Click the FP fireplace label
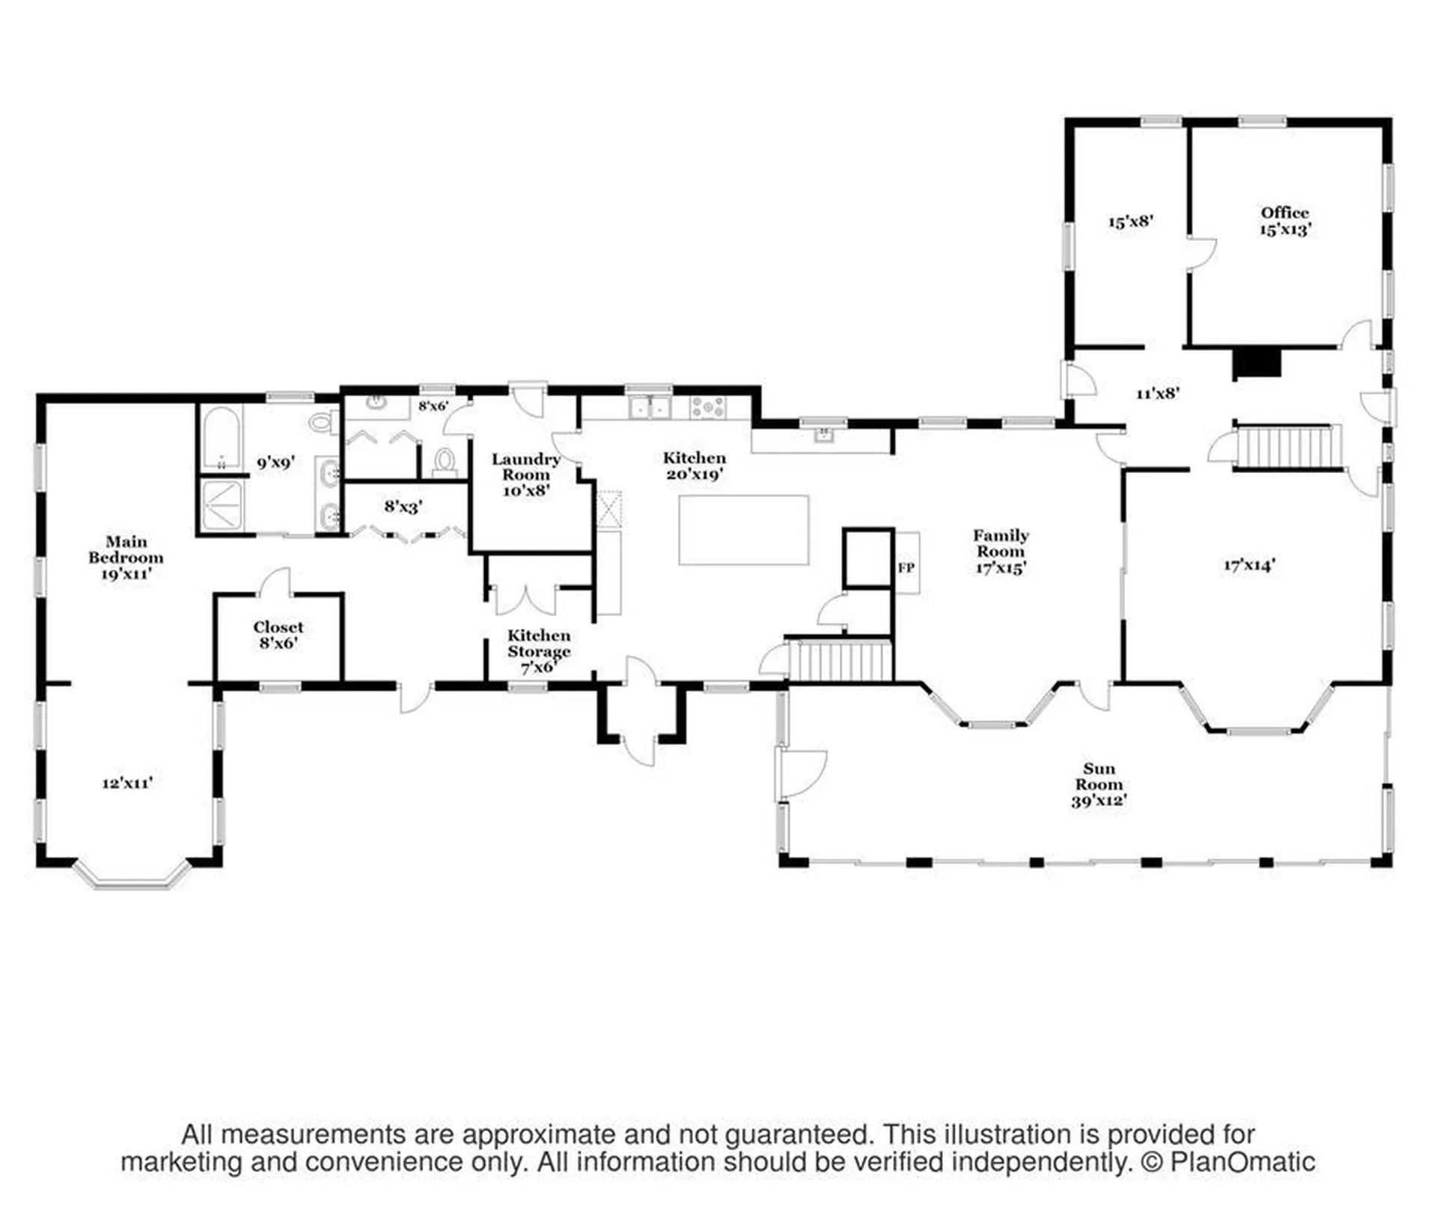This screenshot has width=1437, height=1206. (x=906, y=567)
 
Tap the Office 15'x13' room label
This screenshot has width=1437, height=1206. (x=1285, y=221)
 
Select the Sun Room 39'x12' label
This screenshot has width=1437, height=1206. (x=1099, y=784)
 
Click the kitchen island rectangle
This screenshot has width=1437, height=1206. (x=743, y=530)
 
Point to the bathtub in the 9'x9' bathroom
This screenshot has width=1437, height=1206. (x=222, y=437)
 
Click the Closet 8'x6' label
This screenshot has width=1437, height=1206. (x=278, y=635)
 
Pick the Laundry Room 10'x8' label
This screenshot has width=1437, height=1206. (x=526, y=475)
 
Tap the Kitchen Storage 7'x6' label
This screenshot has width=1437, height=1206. (x=539, y=651)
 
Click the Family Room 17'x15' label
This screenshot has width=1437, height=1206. (x=1001, y=551)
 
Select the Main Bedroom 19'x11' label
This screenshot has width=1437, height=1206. (x=126, y=558)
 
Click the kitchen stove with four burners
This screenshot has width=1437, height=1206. (x=708, y=407)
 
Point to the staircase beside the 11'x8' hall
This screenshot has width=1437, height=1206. (x=1284, y=447)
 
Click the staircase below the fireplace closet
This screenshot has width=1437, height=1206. (x=841, y=660)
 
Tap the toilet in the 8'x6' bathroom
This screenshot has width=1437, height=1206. (x=445, y=463)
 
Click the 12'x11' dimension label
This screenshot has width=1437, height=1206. (x=128, y=783)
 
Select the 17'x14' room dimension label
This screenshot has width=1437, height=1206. (x=1249, y=565)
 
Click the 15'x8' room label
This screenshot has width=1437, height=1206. (x=1130, y=222)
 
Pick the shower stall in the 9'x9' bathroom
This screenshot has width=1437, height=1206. (x=223, y=505)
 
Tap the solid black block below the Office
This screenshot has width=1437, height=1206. (x=1257, y=363)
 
